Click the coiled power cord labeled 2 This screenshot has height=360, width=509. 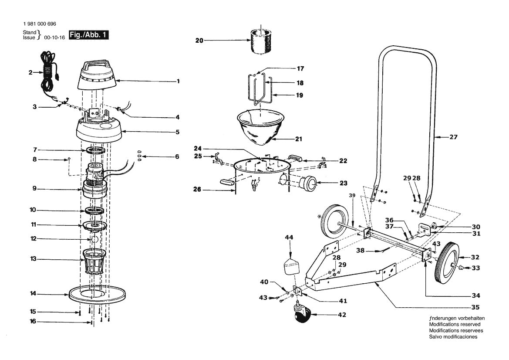coord(49,70)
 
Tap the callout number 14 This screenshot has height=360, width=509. coord(33,294)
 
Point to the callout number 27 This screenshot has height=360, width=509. coord(453,137)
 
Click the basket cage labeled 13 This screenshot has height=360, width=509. coord(94,261)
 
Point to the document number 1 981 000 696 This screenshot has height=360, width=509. coord(39,24)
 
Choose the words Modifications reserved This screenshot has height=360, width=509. coord(455,324)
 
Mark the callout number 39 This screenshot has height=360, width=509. coord(352,196)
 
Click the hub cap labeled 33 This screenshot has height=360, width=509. coord(462,268)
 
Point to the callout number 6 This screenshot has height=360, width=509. coord(177,156)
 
